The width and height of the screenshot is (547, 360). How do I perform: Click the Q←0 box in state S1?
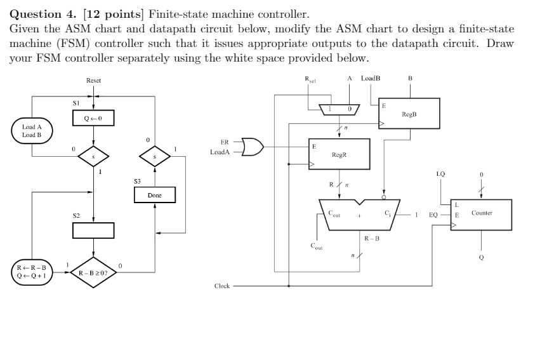pos(93,119)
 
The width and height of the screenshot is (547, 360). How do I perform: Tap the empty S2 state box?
pos(93,230)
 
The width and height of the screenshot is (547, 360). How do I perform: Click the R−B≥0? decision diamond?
pos(93,273)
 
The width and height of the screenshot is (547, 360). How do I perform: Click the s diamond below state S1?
pos(93,155)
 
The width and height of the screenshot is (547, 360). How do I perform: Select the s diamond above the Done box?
pos(155,155)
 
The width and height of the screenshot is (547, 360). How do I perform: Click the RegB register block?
pos(409,115)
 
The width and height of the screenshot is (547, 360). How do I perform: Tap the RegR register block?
pos(339,154)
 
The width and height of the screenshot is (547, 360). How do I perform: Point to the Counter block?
pos(482,214)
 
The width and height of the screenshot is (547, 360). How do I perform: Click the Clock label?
pos(221,286)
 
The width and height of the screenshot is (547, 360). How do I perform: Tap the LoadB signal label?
pos(370,78)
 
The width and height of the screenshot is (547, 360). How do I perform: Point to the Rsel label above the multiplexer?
pos(308,79)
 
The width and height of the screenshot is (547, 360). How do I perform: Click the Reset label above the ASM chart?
pos(93,81)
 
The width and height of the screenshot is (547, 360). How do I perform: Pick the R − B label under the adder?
pos(372,238)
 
